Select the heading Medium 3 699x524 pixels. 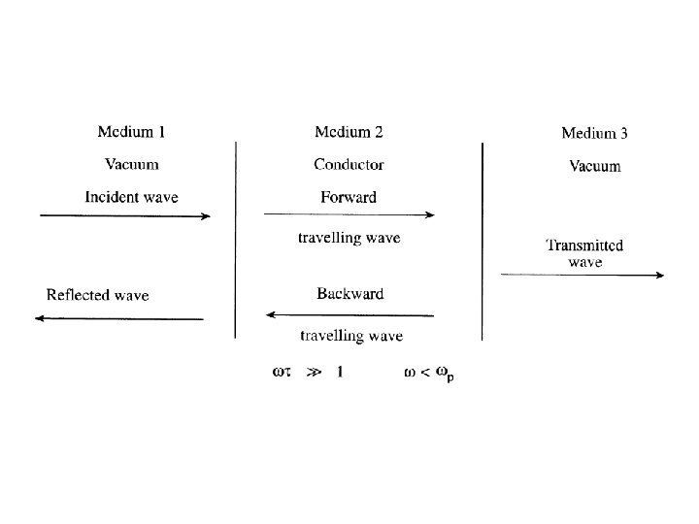pyautogui.click(x=594, y=133)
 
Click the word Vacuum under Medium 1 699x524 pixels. pyautogui.click(x=131, y=164)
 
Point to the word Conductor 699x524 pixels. pyautogui.click(x=349, y=164)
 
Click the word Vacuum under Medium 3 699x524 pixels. pyautogui.click(x=594, y=166)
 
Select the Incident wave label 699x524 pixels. pyautogui.click(x=131, y=197)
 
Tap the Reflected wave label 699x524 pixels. pyautogui.click(x=97, y=294)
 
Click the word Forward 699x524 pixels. pyautogui.click(x=349, y=197)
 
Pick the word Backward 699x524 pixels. pyautogui.click(x=349, y=293)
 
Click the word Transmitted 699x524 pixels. pyautogui.click(x=584, y=246)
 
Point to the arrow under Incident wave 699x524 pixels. pyautogui.click(x=124, y=216)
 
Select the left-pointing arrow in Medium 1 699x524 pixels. pyautogui.click(x=118, y=318)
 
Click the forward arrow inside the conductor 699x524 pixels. pyautogui.click(x=349, y=215)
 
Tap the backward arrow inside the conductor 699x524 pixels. pyautogui.click(x=349, y=314)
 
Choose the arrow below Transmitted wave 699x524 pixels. pyautogui.click(x=582, y=276)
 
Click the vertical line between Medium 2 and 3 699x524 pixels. pyautogui.click(x=483, y=242)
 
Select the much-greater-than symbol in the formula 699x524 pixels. pyautogui.click(x=309, y=371)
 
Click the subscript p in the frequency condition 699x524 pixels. pyautogui.click(x=450, y=377)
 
